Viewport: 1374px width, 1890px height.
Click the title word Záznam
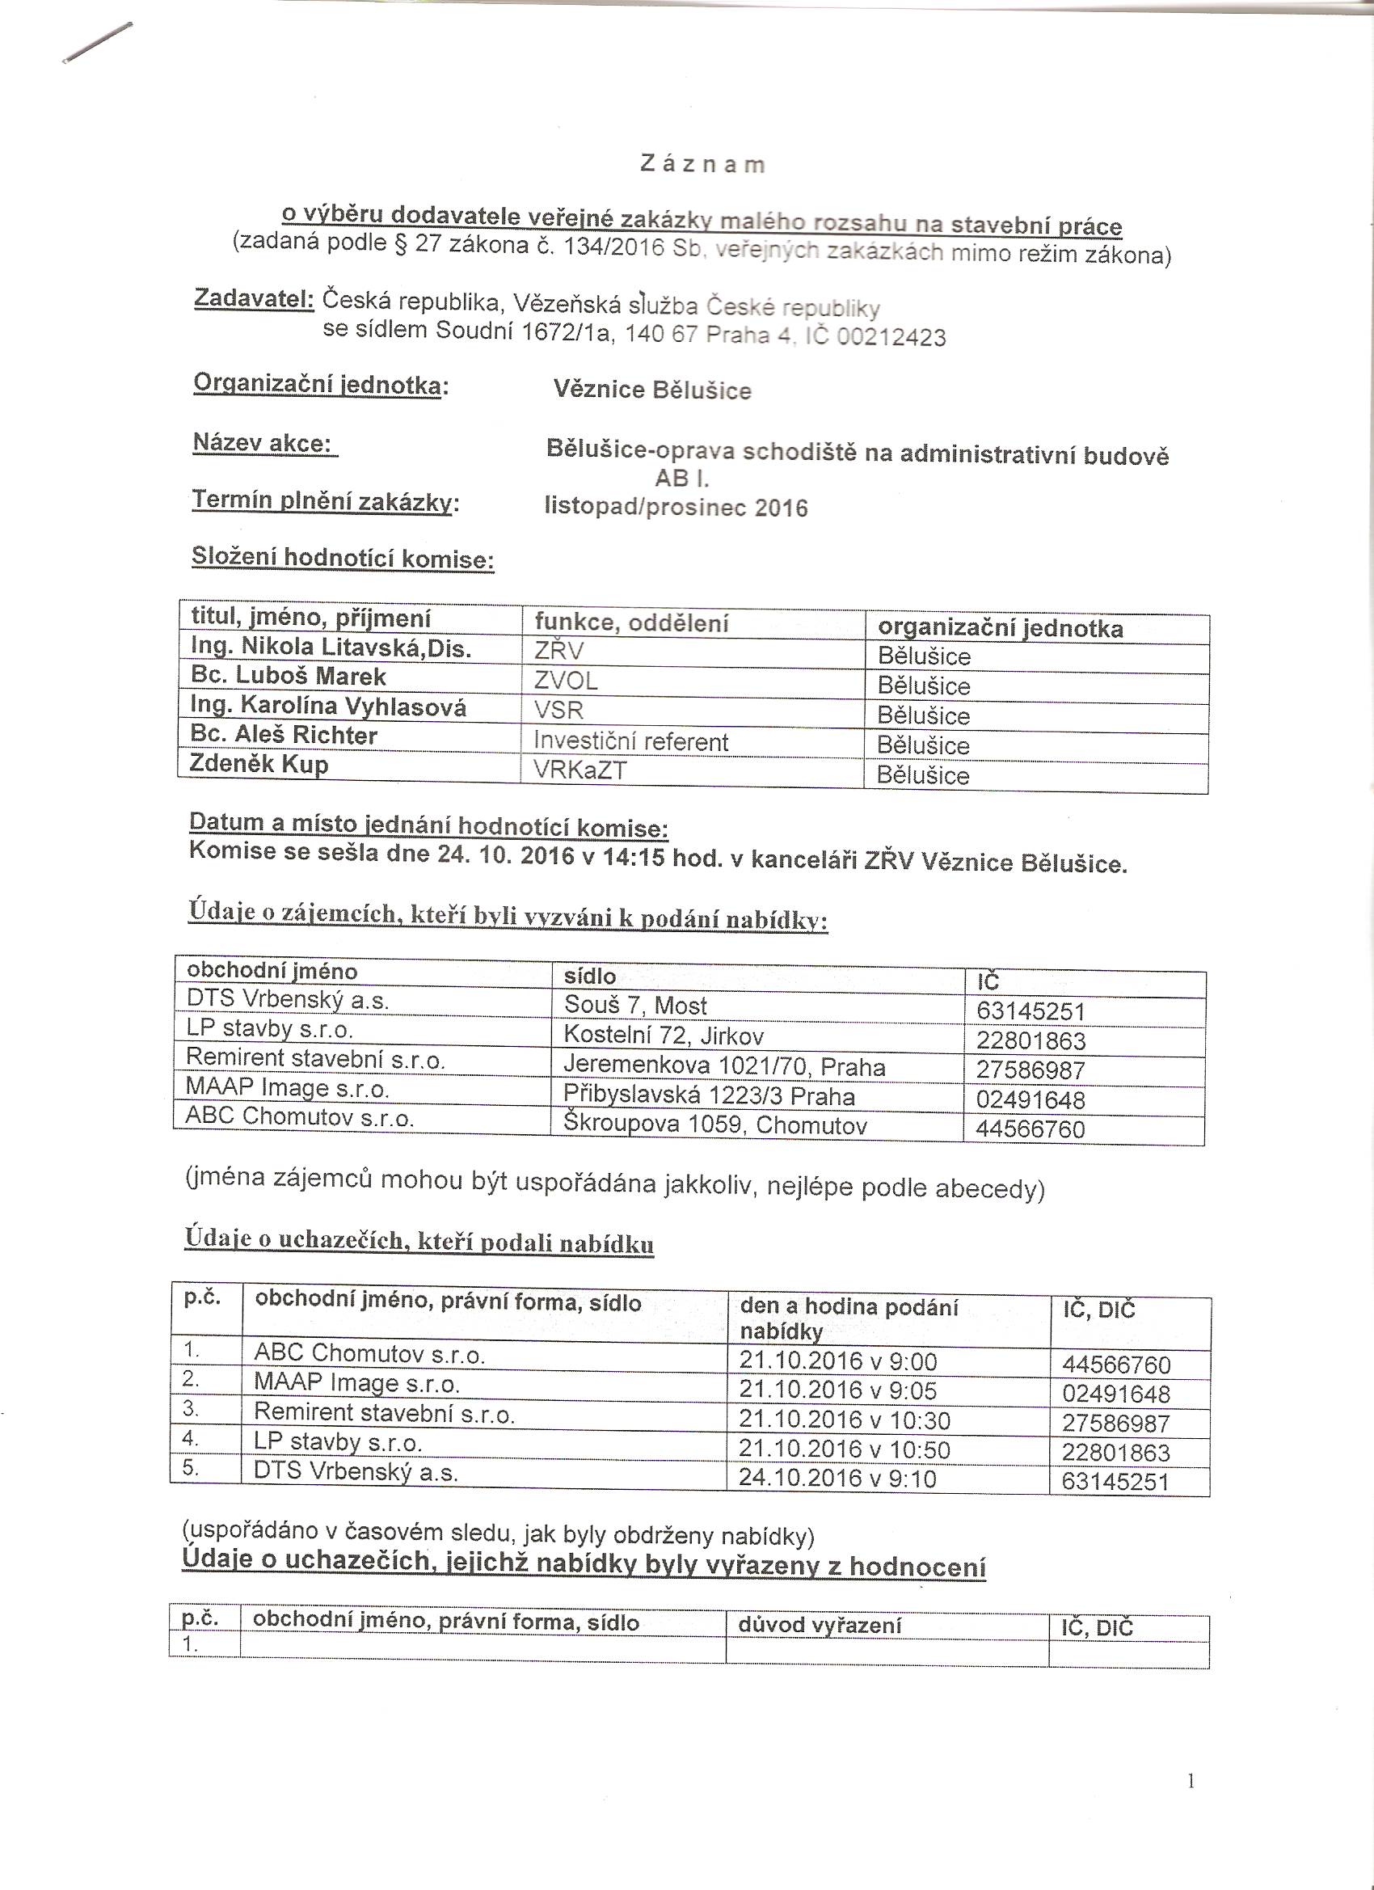point(702,164)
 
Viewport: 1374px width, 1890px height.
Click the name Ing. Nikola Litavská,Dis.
point(331,648)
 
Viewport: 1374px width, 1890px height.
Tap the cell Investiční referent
point(630,741)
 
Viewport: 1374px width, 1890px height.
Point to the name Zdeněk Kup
point(259,764)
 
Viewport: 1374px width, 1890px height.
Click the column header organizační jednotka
point(1000,628)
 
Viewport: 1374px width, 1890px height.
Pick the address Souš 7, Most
point(635,1006)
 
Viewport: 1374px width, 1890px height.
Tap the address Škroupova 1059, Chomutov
point(715,1126)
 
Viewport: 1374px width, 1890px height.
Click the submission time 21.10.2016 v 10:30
point(844,1420)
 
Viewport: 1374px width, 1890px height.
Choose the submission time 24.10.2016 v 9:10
point(837,1479)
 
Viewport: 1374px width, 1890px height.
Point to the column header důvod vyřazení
point(820,1625)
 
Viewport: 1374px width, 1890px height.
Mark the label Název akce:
point(263,442)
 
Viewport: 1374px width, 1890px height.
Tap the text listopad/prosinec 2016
point(676,508)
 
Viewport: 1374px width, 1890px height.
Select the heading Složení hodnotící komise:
point(343,558)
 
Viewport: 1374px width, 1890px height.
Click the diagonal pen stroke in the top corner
point(98,43)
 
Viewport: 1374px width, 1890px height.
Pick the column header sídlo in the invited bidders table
point(590,976)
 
